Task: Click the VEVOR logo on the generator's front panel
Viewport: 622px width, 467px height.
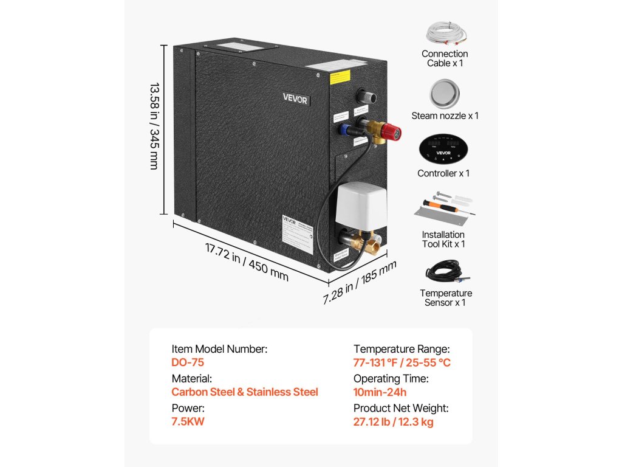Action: tap(295, 99)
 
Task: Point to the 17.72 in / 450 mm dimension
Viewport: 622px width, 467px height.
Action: tap(246, 261)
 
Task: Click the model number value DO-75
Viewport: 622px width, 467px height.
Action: tap(188, 363)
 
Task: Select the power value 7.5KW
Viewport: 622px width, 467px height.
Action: tap(188, 422)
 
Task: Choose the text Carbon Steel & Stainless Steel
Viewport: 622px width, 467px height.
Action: tap(245, 392)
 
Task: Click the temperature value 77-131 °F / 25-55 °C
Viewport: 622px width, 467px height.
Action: tap(402, 363)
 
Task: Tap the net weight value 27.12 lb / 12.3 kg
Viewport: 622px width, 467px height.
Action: tap(394, 422)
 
